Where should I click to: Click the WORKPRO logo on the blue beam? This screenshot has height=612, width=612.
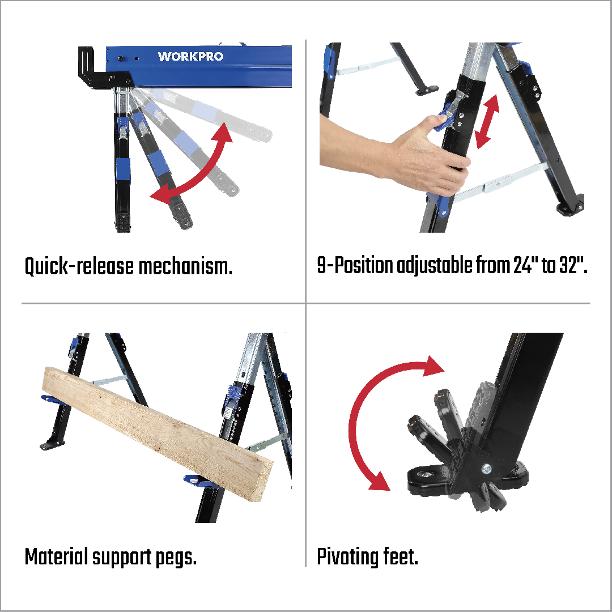pos(190,57)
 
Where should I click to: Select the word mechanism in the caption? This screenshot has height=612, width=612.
pos(185,266)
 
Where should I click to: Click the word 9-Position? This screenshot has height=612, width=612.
pos(355,265)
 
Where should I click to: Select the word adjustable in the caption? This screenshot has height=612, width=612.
pos(435,266)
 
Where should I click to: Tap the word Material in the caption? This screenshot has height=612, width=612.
pos(56,556)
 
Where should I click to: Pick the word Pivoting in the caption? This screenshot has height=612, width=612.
pos(347,557)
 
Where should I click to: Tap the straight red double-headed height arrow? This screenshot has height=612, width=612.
pos(487,121)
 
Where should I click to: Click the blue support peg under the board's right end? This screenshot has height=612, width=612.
pos(199,482)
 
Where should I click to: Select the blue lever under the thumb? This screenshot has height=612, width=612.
pos(444,120)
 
